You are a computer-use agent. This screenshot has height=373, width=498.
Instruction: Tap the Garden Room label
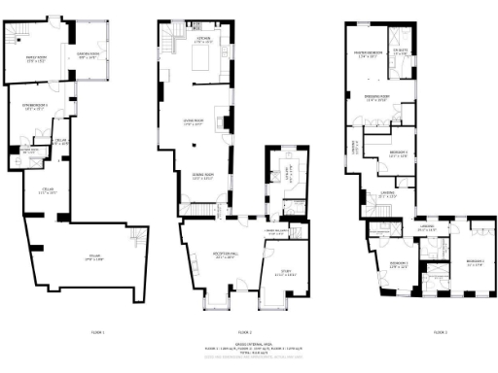(87, 55)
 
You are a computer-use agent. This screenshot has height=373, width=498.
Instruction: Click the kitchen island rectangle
(205, 63)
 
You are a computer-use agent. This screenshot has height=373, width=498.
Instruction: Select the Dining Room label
(202, 176)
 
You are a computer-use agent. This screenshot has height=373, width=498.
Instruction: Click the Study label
(287, 274)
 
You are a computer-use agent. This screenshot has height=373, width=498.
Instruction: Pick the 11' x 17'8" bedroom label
(474, 262)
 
